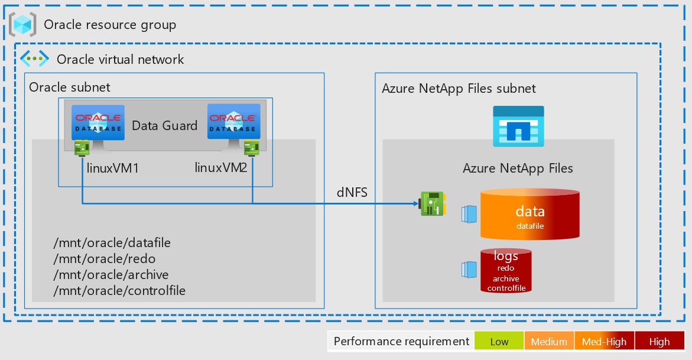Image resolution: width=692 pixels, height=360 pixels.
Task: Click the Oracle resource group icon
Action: point(22,24)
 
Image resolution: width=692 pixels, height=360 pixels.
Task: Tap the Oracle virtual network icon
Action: point(35,59)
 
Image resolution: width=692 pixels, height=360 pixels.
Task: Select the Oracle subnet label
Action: point(70,87)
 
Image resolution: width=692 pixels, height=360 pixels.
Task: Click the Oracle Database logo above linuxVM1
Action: point(98,122)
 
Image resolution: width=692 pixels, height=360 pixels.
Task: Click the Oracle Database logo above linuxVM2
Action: point(233,121)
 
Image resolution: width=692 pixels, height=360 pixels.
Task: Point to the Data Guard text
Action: point(164,125)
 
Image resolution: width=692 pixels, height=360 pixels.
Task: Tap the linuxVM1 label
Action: point(113,168)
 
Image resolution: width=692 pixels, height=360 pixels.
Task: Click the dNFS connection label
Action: point(352,192)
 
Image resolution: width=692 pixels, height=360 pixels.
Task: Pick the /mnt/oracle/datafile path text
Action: point(112,243)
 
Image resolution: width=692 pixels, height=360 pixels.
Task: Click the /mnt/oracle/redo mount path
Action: point(104,259)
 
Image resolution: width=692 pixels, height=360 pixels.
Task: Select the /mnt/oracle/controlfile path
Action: point(119,291)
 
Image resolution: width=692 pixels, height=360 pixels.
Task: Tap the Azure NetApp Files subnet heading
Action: point(459,89)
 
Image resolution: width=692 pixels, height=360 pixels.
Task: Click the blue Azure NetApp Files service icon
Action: point(518,126)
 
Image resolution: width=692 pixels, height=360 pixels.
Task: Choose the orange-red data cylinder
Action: point(529,214)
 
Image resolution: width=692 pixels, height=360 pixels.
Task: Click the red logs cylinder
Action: point(506,271)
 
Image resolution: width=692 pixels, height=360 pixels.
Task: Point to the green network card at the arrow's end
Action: point(432,203)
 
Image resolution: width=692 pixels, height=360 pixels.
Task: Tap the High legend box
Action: point(659,342)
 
